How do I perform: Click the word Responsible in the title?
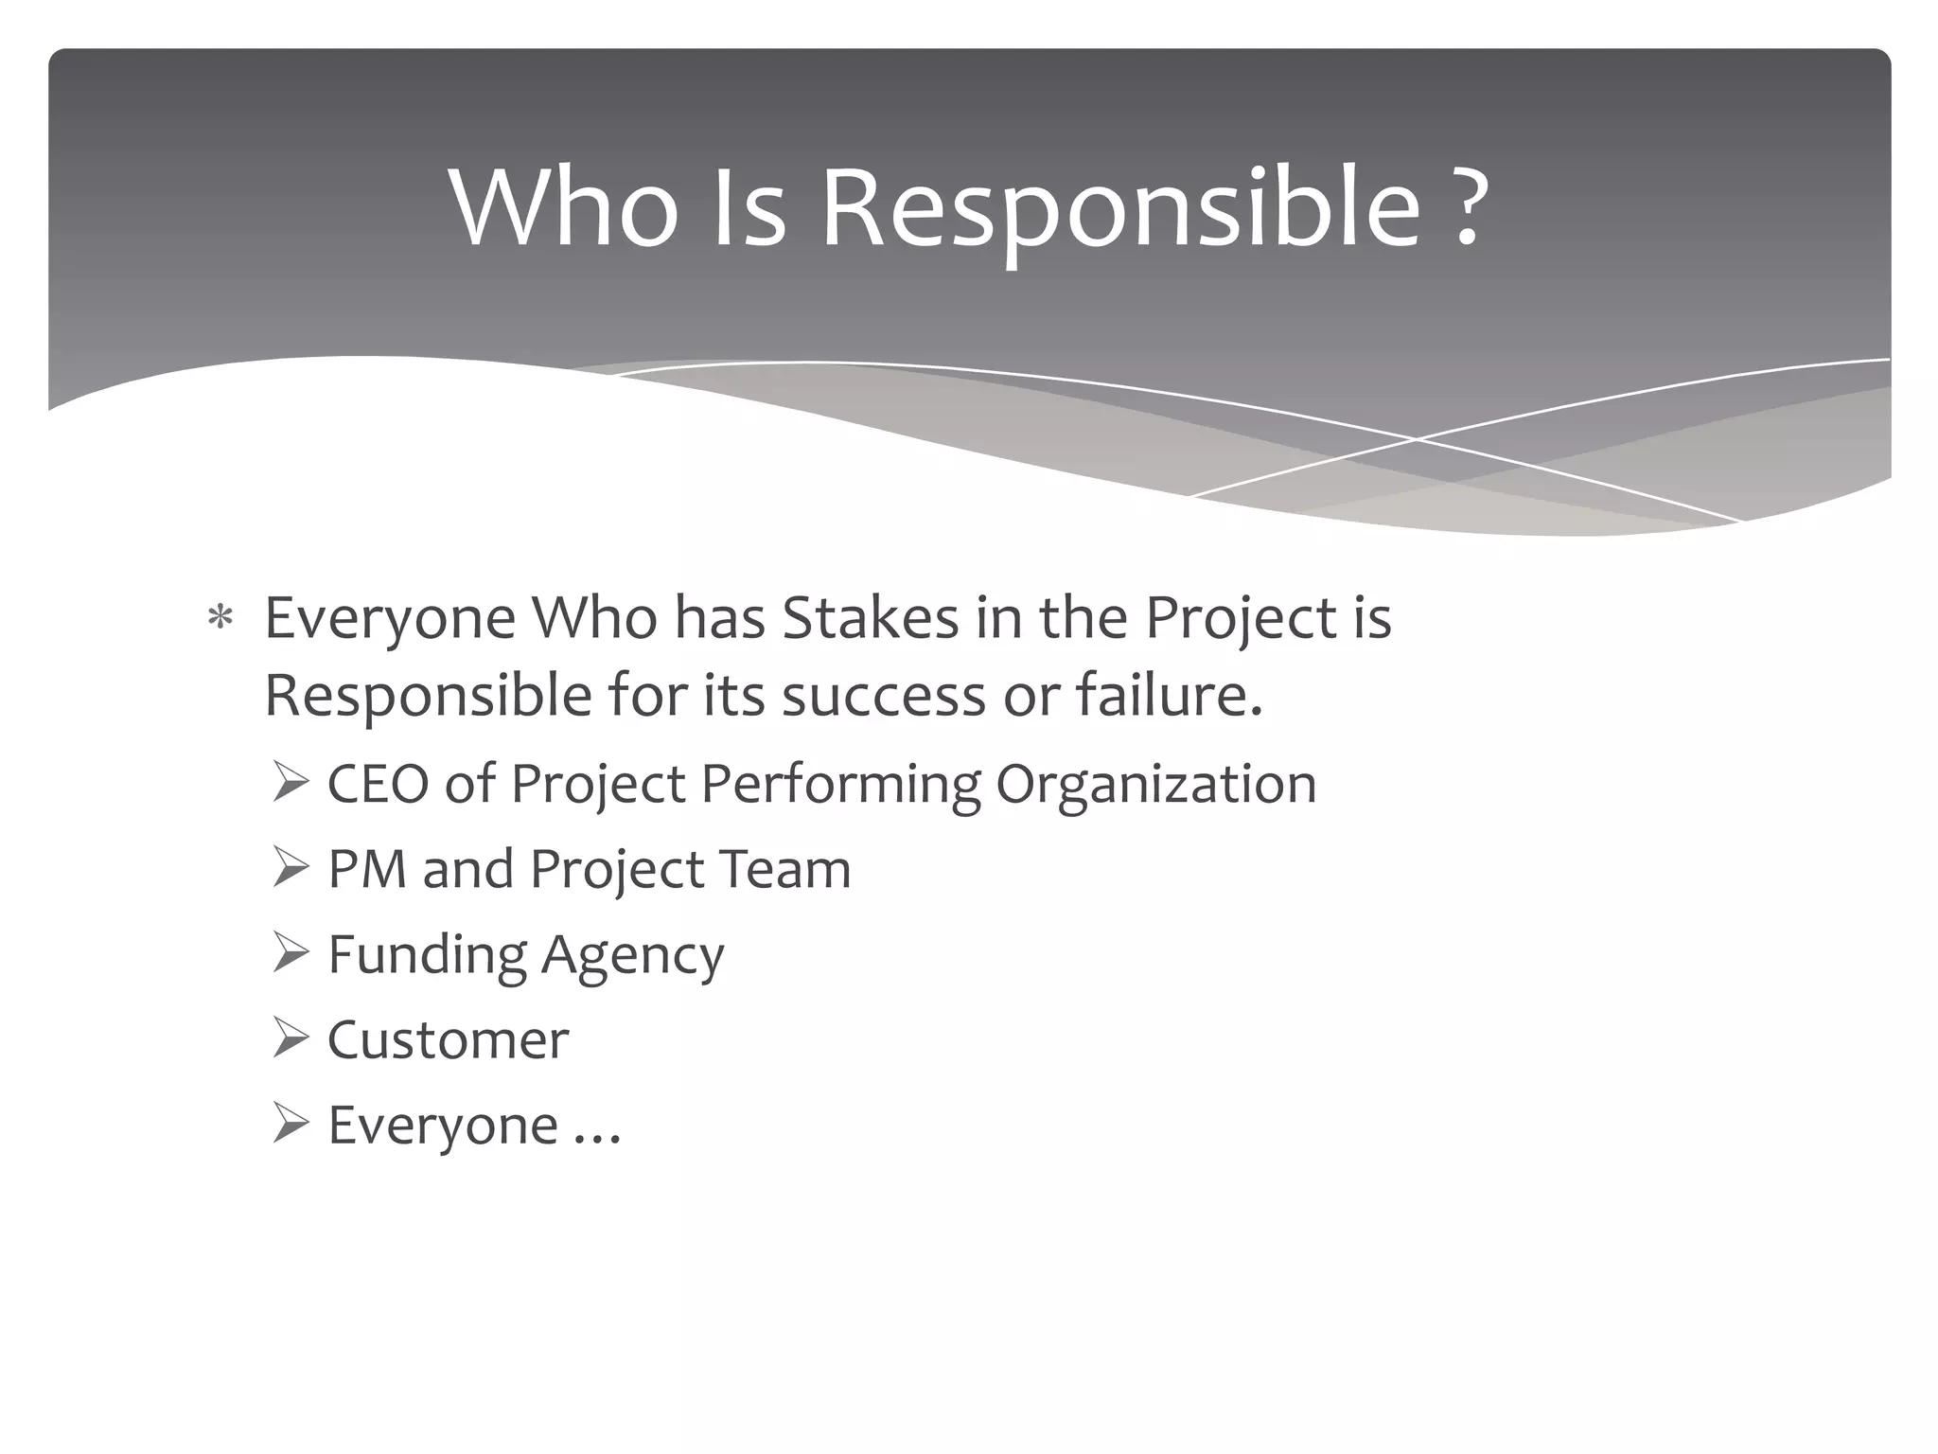[1120, 208]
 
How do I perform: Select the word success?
[886, 696]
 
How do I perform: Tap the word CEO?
[379, 785]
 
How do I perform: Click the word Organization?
[1155, 785]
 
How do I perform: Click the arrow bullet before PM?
[290, 869]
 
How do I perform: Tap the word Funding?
[427, 954]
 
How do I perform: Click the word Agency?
[632, 954]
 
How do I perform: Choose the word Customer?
[449, 1039]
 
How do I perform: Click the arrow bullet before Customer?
[290, 1039]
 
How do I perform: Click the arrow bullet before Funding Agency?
[290, 954]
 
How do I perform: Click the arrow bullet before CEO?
[290, 785]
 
